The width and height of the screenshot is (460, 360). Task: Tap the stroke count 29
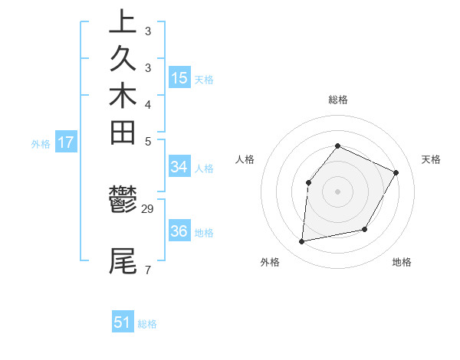148,208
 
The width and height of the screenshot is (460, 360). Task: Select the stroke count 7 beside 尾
148,270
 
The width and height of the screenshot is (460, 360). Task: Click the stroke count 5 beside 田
148,142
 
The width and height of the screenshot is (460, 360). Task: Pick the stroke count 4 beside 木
148,104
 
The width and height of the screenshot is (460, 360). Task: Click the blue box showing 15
179,77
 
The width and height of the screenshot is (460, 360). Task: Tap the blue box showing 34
179,166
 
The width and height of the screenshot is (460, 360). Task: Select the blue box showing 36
179,231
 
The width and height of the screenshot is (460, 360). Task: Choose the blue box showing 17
66,142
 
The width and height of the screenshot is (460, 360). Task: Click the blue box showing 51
123,322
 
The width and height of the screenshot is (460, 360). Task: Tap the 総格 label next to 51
148,324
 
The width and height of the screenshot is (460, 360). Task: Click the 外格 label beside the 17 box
41,143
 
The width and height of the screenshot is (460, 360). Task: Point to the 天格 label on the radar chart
431,159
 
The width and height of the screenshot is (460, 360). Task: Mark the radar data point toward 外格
303,242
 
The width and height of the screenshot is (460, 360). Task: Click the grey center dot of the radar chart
337,191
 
